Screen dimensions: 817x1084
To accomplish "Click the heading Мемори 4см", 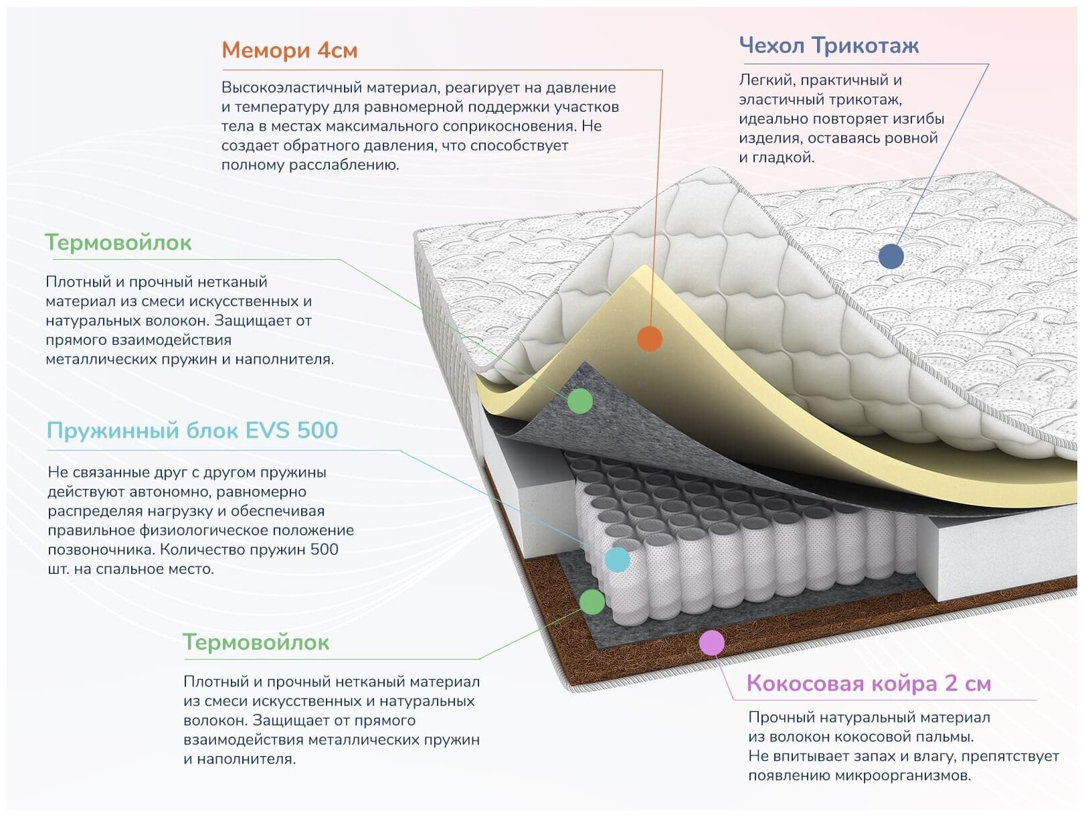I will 289,50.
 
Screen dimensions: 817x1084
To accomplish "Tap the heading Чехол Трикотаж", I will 828,46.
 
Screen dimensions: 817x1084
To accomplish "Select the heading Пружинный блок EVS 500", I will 192,430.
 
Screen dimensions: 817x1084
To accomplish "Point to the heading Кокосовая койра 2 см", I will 868,683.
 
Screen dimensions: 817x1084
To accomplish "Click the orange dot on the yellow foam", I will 649,339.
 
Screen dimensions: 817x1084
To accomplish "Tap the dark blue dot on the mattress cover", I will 891,256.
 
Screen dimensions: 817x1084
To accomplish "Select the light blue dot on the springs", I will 617,559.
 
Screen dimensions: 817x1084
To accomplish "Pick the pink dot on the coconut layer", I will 711,643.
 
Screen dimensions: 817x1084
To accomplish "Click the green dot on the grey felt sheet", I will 580,401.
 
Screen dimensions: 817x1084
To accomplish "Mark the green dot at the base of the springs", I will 592,602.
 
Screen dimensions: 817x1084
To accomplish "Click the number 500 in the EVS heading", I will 317,430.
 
